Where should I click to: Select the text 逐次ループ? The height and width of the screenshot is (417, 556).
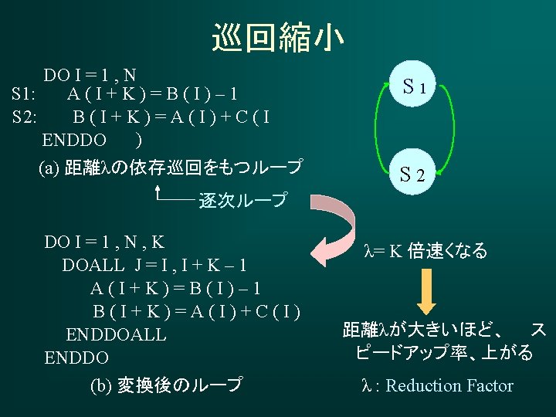(242, 201)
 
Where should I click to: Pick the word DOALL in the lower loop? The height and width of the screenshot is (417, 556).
(93, 265)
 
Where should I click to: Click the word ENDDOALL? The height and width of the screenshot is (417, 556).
(116, 335)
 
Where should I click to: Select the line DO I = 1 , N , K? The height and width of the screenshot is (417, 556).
(104, 242)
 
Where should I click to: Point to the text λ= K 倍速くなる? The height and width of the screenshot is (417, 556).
(425, 251)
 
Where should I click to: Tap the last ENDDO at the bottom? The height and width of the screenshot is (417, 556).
(76, 358)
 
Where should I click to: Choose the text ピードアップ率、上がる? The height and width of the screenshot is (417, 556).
(445, 353)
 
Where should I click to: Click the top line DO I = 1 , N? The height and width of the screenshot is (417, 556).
(90, 75)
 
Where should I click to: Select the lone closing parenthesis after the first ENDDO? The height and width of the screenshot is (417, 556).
(137, 140)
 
